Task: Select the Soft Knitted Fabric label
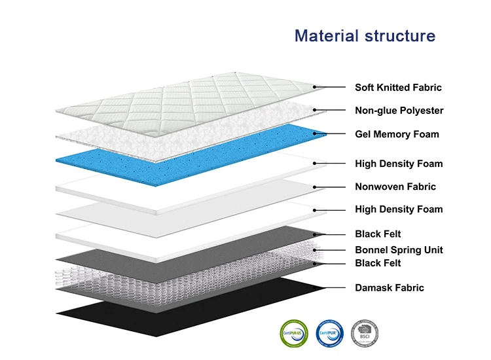398,87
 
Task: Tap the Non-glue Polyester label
399,111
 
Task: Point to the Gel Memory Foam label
397,134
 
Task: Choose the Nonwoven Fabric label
395,187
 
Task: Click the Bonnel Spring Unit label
399,250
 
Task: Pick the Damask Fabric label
390,287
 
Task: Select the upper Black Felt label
378,234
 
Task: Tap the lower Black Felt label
378,263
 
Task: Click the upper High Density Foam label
399,164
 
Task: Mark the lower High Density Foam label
399,209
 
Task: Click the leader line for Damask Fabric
331,287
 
